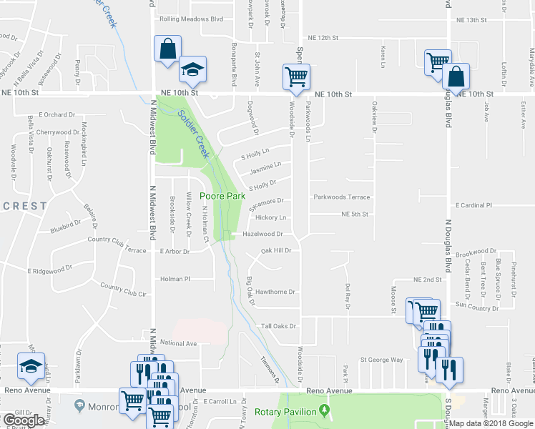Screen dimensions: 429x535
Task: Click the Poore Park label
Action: click(x=222, y=195)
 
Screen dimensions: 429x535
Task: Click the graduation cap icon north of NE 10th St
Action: click(x=192, y=69)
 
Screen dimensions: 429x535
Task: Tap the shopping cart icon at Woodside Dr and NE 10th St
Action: click(x=296, y=76)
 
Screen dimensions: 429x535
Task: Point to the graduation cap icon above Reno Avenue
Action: click(x=30, y=366)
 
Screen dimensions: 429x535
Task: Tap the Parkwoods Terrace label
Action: click(x=340, y=197)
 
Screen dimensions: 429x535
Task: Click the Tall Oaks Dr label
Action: click(x=278, y=326)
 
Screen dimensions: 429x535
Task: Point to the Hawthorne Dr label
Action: click(x=275, y=292)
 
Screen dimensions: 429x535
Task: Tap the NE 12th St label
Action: click(x=322, y=37)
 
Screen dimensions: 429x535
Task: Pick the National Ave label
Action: click(x=178, y=343)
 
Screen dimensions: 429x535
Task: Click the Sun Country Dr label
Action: click(x=477, y=307)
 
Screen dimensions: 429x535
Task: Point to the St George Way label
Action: click(x=381, y=360)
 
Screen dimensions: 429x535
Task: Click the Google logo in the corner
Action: click(x=24, y=421)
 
